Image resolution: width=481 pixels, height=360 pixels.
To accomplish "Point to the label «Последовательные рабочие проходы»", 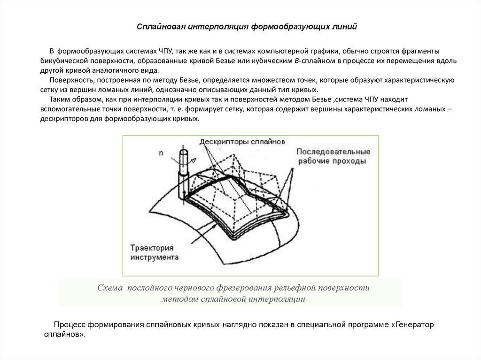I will click(333, 156).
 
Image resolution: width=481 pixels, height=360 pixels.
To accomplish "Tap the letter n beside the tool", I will click(161, 152).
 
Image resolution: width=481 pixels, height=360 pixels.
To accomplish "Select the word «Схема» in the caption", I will click(109, 288).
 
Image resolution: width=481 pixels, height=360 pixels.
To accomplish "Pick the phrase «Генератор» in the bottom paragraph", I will click(415, 324).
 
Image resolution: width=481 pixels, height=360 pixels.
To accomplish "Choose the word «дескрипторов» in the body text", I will click(62, 119).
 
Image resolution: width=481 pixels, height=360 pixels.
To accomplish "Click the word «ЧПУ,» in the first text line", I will click(165, 51).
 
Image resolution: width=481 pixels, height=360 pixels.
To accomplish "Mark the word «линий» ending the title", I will click(346, 26).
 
